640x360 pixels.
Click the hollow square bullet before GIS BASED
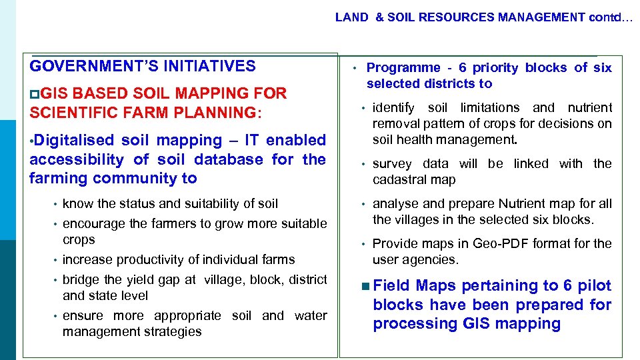click(35, 94)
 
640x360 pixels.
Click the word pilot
click(593, 286)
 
